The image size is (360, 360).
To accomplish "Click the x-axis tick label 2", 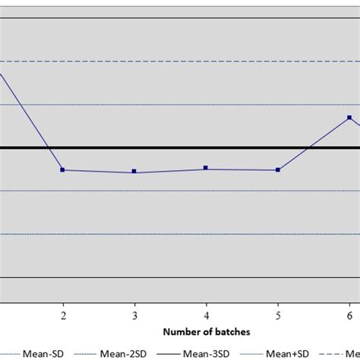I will pos(63,314).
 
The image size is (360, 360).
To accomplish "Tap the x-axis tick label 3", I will pos(134,314).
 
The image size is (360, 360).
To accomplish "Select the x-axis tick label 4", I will pos(207,314).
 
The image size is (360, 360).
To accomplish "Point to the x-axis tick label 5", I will pos(278,314).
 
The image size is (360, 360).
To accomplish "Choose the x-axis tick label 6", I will pos(349,314).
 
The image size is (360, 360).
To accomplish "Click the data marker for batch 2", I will pos(62,170).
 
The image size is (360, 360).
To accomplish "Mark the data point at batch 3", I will pos(134,172).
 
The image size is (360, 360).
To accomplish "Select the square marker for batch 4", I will pos(206,168).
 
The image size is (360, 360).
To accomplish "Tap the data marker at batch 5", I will pos(278,170).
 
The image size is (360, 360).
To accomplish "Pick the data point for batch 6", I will pos(349,118).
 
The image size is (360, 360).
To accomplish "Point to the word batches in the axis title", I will pos(232,332).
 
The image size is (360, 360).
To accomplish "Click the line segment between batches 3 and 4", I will pos(170,170).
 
